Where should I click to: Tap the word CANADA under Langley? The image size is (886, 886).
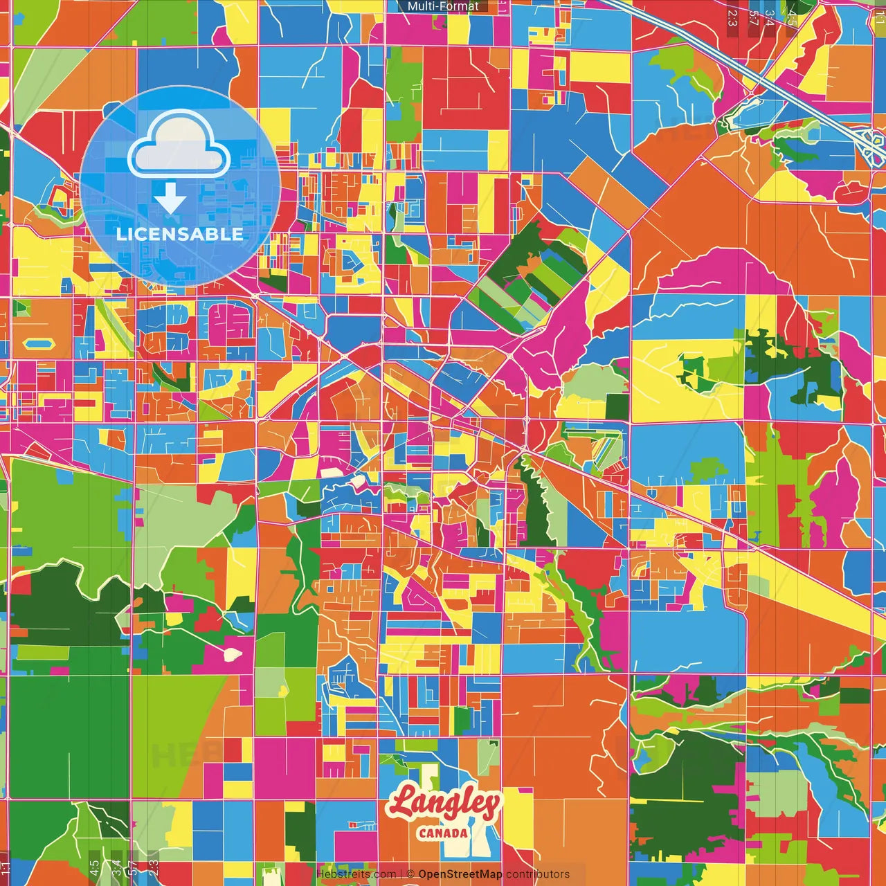pyautogui.click(x=443, y=833)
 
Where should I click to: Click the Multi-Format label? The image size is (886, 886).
pyautogui.click(x=443, y=6)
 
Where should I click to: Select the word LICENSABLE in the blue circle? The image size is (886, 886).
pyautogui.click(x=179, y=234)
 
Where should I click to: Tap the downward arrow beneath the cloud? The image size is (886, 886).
pyautogui.click(x=170, y=199)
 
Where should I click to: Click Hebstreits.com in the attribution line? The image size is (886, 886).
pyautogui.click(x=356, y=874)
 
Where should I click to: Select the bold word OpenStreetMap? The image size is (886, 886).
pyautogui.click(x=460, y=874)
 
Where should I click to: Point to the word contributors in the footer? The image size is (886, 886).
pyautogui.click(x=538, y=874)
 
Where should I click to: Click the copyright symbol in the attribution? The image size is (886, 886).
pyautogui.click(x=410, y=874)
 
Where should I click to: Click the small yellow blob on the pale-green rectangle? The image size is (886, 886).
pyautogui.click(x=282, y=691)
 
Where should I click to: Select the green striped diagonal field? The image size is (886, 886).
pyautogui.click(x=533, y=277)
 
